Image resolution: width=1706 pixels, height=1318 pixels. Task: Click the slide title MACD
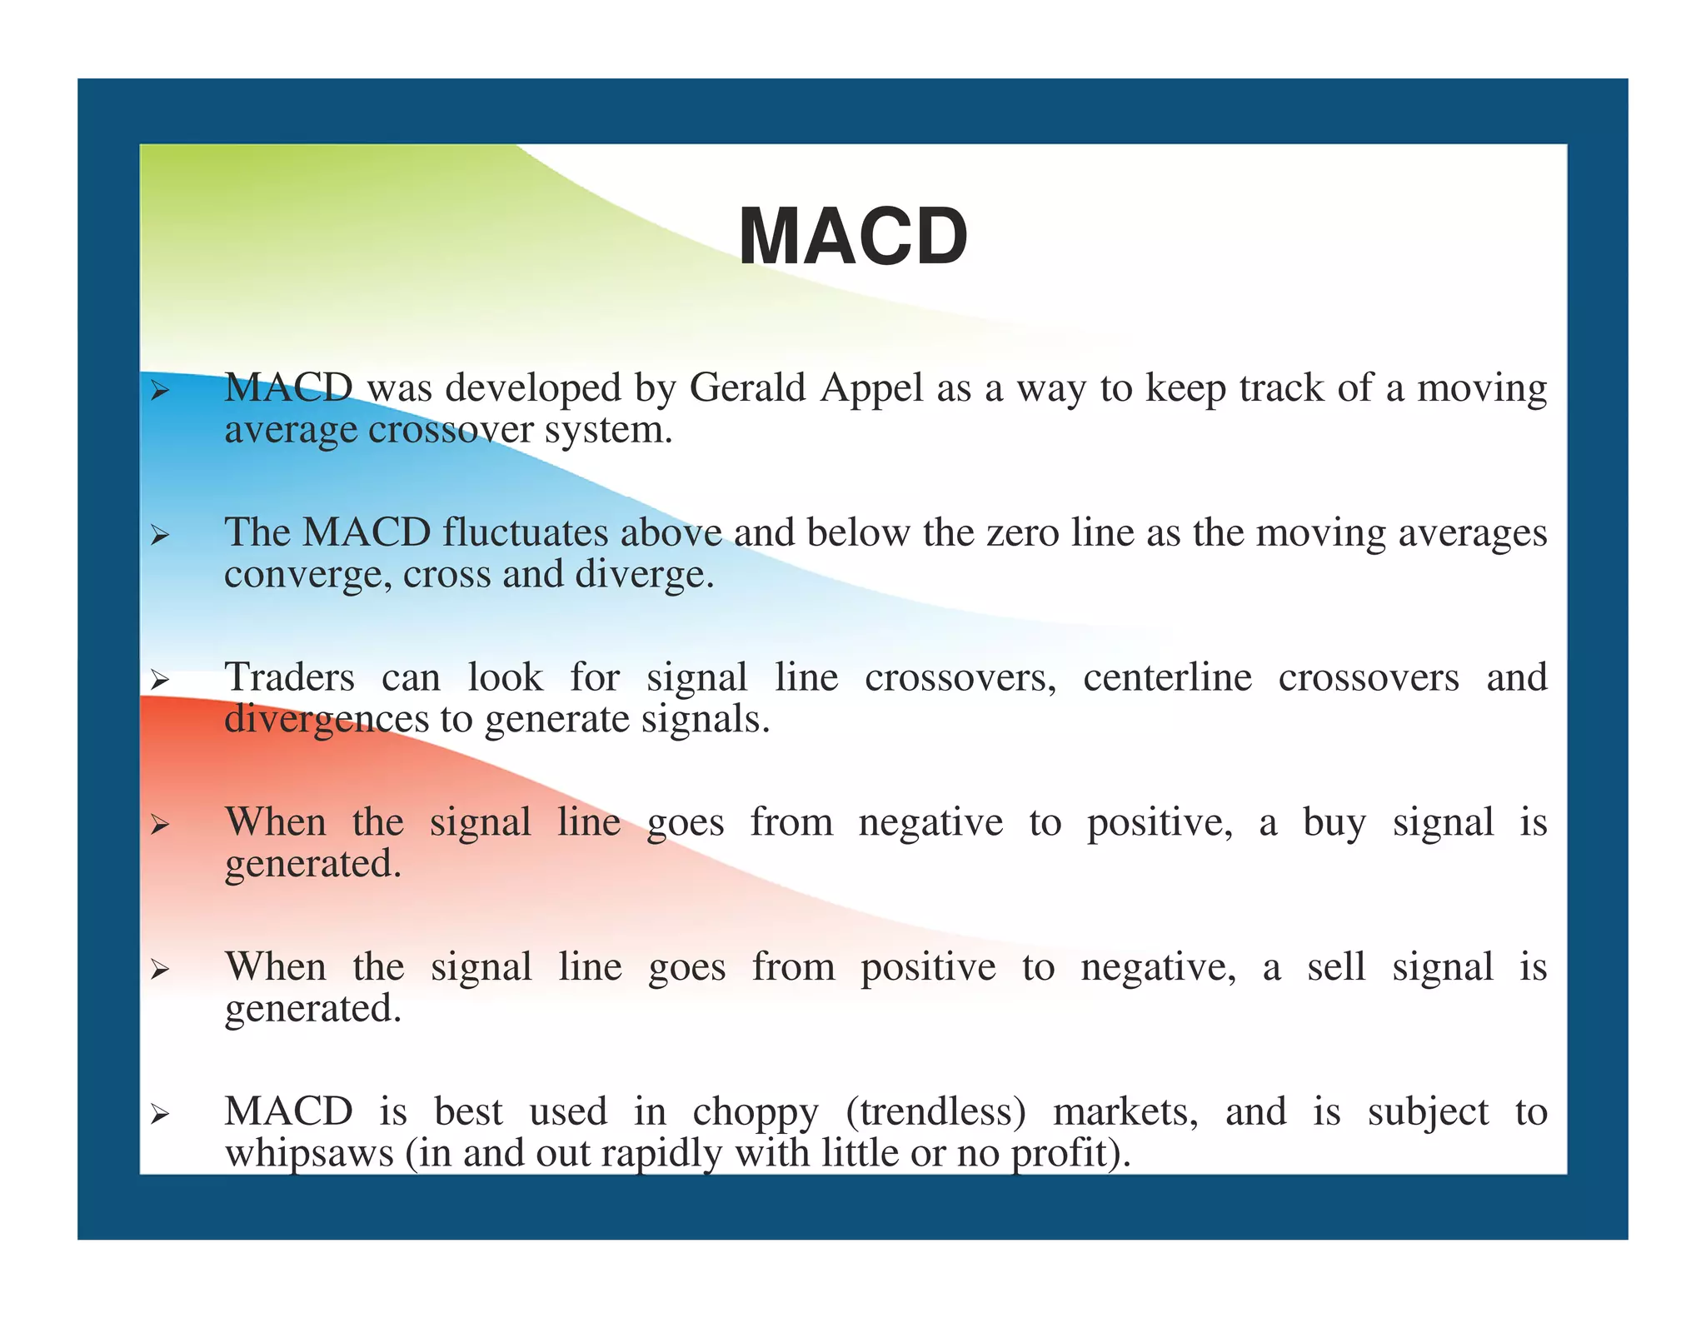pyautogui.click(x=853, y=237)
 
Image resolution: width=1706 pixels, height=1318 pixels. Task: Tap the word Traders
pyautogui.click(x=290, y=676)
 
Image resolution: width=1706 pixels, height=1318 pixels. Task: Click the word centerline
pyautogui.click(x=1167, y=676)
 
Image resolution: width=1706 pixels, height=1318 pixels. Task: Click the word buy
pyautogui.click(x=1334, y=822)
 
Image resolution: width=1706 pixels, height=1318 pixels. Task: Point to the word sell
pyautogui.click(x=1336, y=966)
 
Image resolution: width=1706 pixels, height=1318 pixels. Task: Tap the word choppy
pyautogui.click(x=756, y=1113)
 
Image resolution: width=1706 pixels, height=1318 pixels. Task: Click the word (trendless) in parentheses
pyautogui.click(x=935, y=1112)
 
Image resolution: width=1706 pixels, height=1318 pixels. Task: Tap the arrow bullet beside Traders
pyautogui.click(x=160, y=680)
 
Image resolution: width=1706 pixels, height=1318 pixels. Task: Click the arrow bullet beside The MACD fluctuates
pyautogui.click(x=160, y=536)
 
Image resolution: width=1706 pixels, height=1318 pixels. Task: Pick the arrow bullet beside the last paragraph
pyautogui.click(x=160, y=1114)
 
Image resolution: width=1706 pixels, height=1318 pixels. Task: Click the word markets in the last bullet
pyautogui.click(x=1125, y=1112)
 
